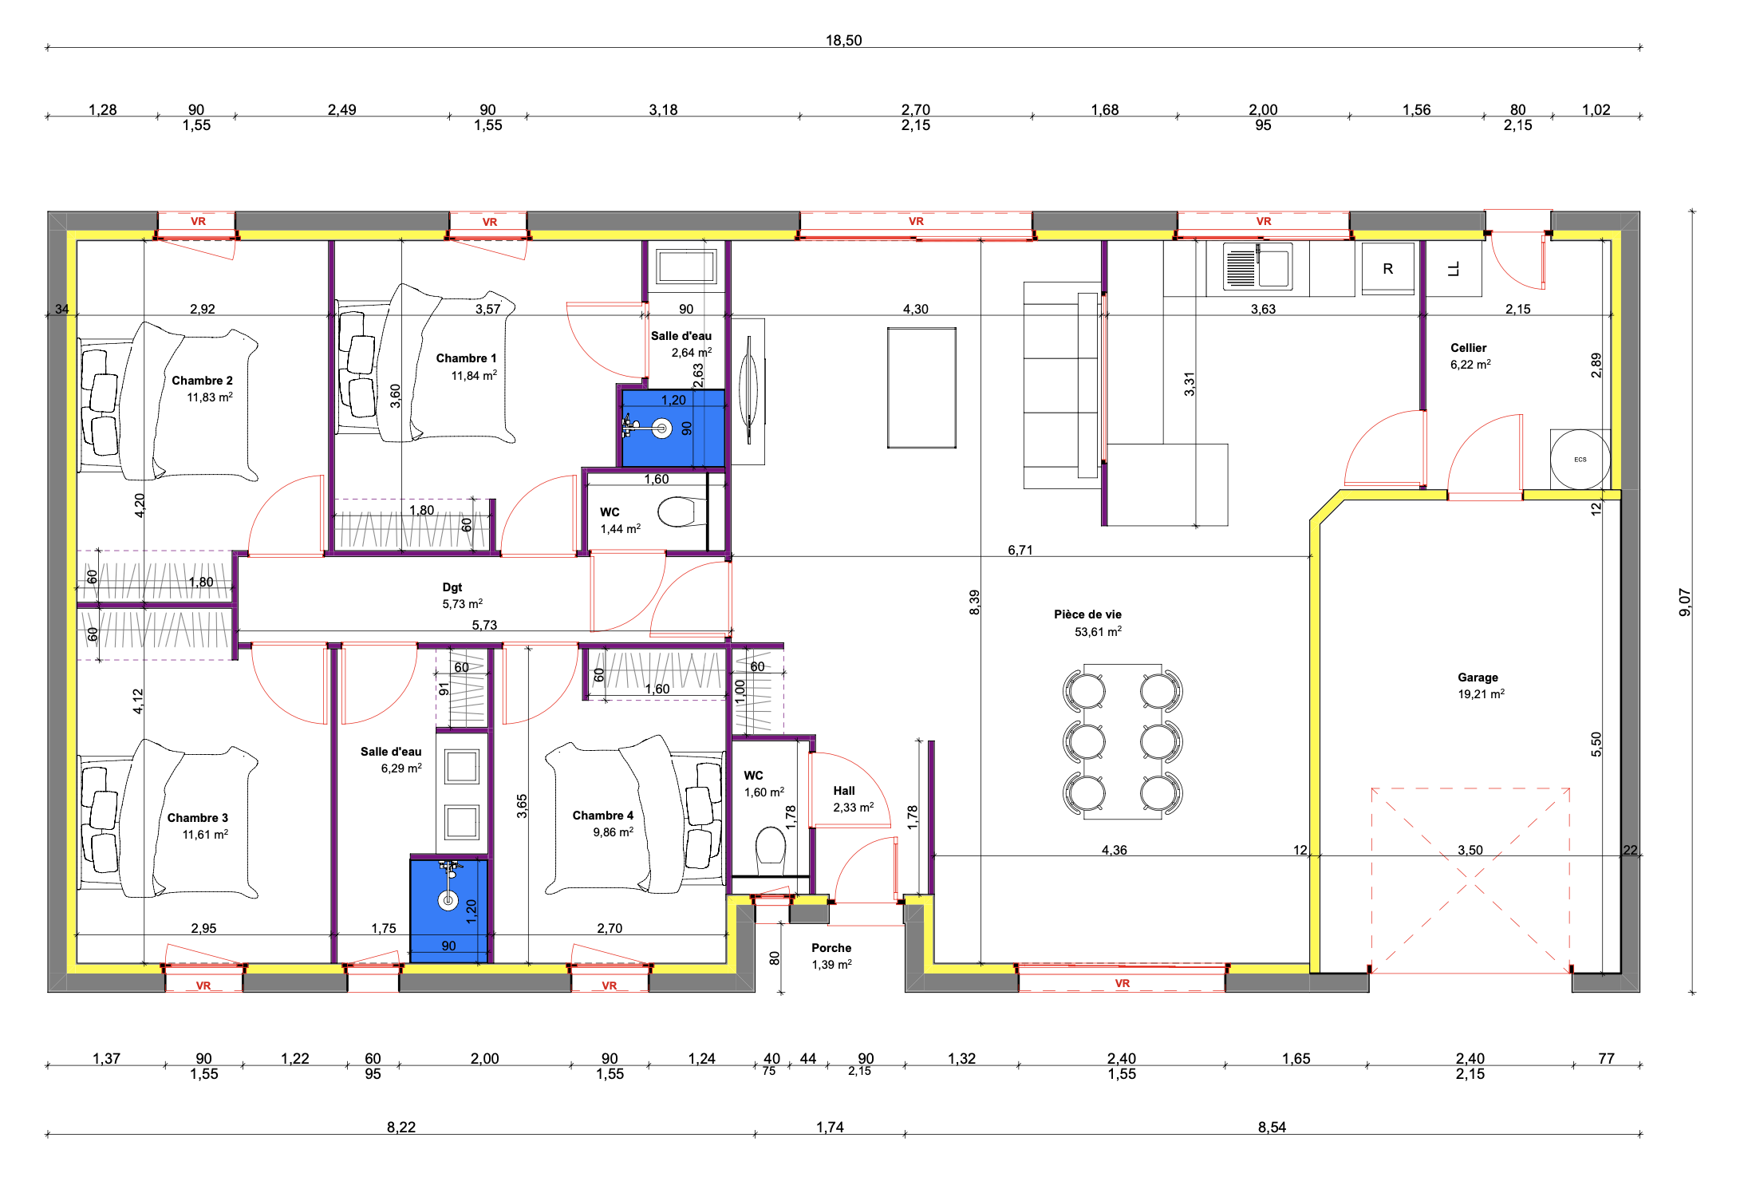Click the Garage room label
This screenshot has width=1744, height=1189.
[1478, 677]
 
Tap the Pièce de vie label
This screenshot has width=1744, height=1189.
[1087, 614]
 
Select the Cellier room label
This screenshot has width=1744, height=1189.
[1468, 348]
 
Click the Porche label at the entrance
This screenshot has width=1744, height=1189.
[831, 948]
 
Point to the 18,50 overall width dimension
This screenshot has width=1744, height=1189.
[843, 40]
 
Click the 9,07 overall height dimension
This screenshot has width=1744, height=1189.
[1684, 602]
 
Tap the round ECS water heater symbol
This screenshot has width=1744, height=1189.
[1580, 460]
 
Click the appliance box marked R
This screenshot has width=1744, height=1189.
[1387, 268]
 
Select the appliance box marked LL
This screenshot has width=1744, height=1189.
[1454, 268]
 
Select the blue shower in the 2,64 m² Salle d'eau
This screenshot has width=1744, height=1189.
[673, 428]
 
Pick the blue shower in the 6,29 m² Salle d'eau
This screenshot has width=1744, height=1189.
[448, 911]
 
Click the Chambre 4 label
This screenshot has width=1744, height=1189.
[602, 816]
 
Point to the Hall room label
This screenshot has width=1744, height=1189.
[843, 791]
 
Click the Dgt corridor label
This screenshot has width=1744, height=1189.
[452, 587]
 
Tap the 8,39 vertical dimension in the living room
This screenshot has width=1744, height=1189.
[974, 602]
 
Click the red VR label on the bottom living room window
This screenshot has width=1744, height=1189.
[1122, 983]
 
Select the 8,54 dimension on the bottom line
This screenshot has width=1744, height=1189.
[1272, 1127]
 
